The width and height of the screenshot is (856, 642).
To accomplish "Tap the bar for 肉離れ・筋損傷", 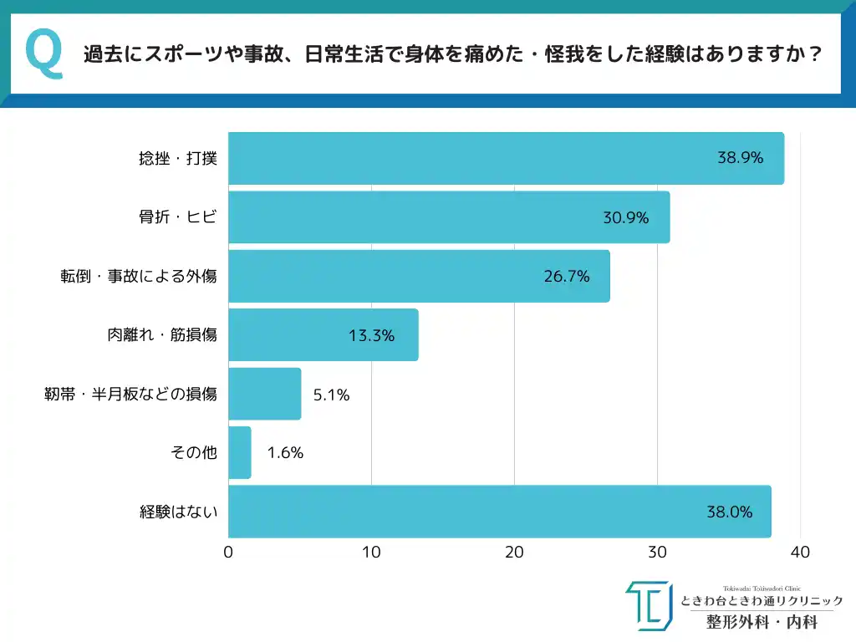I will pos(323,335).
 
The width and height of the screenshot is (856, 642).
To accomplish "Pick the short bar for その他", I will pos(239,453).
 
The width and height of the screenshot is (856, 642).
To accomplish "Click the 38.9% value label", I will pos(740,157).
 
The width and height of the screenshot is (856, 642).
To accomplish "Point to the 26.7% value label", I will pos(567,276).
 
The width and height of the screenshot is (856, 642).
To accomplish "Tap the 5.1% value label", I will pos(331,395).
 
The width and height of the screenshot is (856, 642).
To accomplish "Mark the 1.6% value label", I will pos(285,453).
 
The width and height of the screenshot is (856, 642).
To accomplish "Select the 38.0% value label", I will pos(729,512).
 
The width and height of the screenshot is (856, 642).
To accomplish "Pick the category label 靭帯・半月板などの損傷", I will pos(130,394).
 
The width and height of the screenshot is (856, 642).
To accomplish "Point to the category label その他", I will pos(193,453).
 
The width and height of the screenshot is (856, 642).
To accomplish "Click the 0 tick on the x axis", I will pos(228,553).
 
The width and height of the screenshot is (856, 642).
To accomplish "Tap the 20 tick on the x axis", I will pos(514,553).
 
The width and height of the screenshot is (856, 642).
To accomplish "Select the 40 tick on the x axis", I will pos(800,553).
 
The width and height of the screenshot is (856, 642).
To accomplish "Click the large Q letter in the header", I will pos(44,54).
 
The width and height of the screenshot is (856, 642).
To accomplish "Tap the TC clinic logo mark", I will pos(648,605).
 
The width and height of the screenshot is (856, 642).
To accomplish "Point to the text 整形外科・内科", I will pos(761,622).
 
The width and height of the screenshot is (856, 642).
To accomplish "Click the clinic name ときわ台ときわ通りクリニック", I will pos(762,601).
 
